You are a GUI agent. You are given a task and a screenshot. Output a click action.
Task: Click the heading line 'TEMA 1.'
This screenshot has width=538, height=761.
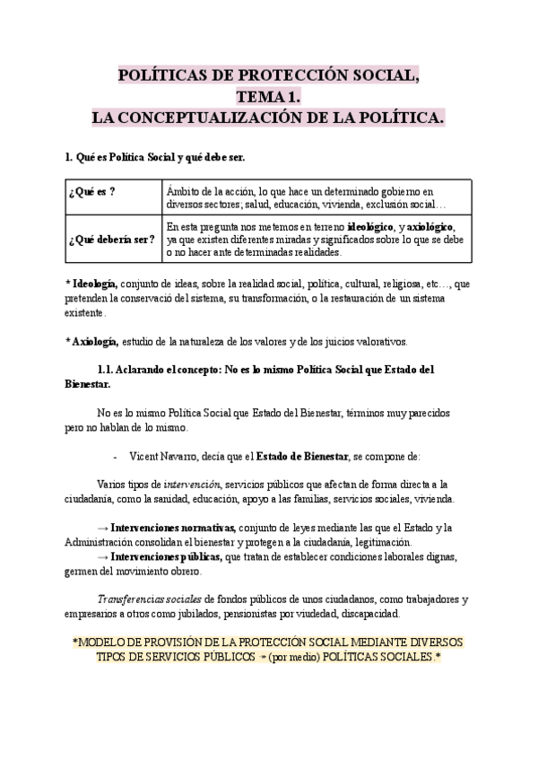(x=268, y=97)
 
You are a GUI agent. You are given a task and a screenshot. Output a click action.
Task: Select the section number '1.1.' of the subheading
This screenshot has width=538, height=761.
(x=107, y=370)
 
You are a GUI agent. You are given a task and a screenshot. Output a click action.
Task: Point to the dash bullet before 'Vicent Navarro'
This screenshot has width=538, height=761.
(x=116, y=456)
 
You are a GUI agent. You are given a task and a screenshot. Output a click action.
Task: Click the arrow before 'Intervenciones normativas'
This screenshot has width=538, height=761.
(x=101, y=527)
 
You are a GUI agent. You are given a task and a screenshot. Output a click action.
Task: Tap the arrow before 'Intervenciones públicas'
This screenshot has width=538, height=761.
(x=101, y=556)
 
